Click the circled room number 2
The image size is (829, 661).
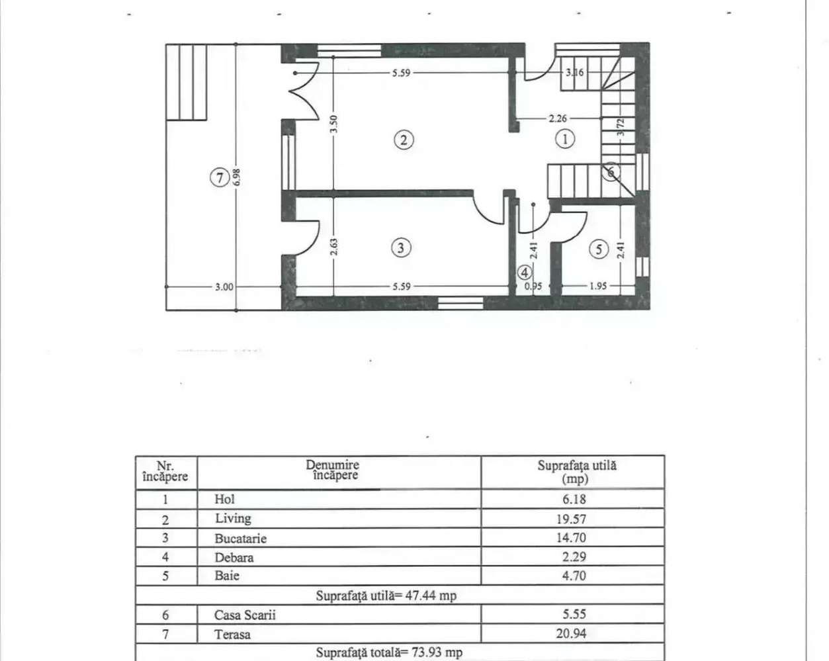[403, 140]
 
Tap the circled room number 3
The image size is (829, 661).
[401, 247]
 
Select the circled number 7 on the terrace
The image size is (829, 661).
[220, 177]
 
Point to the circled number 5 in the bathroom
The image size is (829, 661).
[599, 249]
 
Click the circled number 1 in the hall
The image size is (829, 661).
[564, 139]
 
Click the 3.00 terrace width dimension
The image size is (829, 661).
[224, 286]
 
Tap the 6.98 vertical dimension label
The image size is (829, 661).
[237, 177]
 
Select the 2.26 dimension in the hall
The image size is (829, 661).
[558, 118]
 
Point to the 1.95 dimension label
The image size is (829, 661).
[597, 286]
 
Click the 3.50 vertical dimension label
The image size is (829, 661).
[334, 123]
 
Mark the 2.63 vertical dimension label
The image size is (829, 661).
[334, 247]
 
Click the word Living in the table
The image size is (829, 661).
[233, 518]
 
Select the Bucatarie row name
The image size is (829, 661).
[240, 538]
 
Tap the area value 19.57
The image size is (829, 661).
[571, 519]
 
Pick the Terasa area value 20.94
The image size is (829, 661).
[571, 633]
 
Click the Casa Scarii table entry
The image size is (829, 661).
[245, 615]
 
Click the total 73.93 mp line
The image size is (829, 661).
[389, 652]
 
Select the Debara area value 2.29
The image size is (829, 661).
[574, 557]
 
